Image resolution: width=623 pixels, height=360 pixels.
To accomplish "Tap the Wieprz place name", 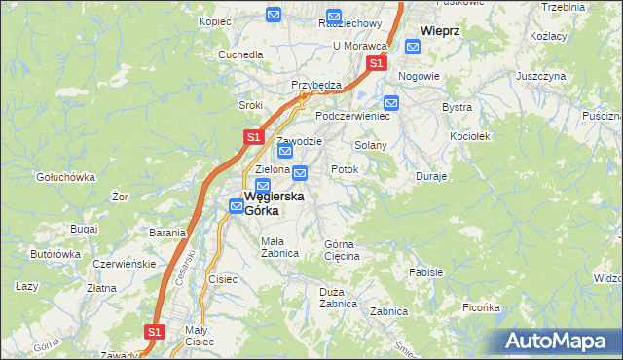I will point(439,30).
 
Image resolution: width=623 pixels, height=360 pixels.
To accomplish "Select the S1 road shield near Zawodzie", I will point(252,138).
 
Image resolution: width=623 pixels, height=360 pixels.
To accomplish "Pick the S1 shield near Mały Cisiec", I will point(154,332).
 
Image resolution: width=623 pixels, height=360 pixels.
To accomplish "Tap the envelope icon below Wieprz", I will point(412,45).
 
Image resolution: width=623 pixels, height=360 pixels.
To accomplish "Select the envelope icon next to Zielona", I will point(299,173).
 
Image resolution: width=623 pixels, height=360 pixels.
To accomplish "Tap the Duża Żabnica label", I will point(338,298).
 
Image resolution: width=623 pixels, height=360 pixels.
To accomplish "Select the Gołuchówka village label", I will point(64,177).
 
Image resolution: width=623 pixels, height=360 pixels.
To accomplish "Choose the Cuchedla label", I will point(240,54).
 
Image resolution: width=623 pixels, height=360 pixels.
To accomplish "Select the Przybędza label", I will point(316,85).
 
